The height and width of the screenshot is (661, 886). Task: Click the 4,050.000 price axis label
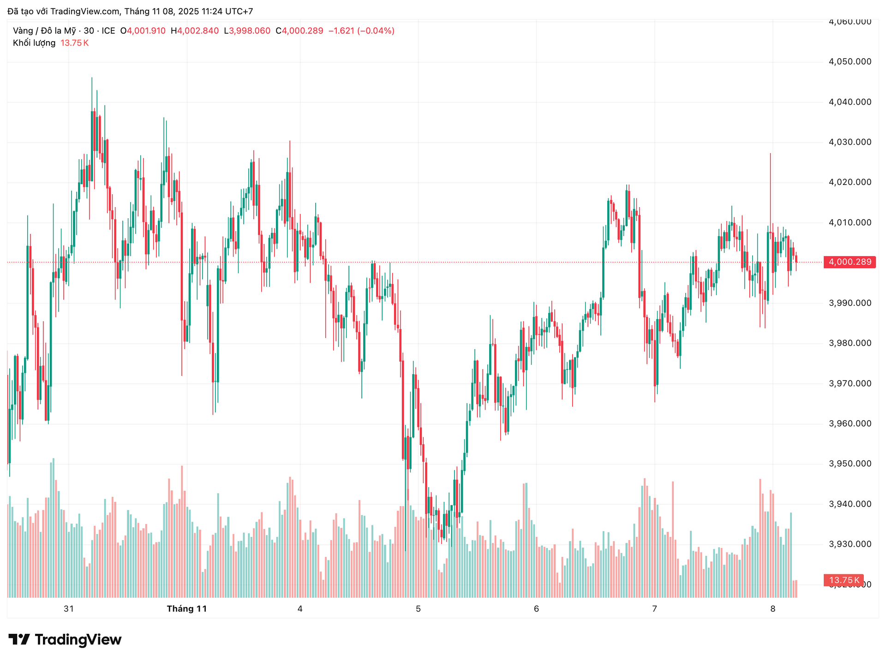click(x=850, y=61)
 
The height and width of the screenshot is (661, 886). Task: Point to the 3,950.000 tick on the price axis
click(x=850, y=464)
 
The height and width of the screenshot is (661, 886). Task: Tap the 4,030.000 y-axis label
click(x=850, y=142)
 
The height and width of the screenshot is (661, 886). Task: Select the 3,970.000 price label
click(x=850, y=383)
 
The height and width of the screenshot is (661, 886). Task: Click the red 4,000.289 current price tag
click(x=850, y=262)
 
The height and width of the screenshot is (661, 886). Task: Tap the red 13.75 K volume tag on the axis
click(x=844, y=580)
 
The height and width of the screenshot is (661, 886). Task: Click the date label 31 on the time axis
click(x=69, y=609)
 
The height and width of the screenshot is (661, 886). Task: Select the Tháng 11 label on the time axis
click(x=187, y=609)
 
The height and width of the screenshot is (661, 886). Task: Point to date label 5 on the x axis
click(x=418, y=609)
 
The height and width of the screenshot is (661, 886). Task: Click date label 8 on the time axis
click(x=773, y=609)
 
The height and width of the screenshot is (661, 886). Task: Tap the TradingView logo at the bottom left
click(x=65, y=640)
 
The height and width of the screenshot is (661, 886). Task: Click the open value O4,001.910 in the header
click(x=143, y=31)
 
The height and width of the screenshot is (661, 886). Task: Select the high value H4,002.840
click(x=195, y=31)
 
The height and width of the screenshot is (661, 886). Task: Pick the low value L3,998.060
click(x=247, y=31)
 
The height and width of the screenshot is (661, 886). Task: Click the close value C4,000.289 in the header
click(x=299, y=31)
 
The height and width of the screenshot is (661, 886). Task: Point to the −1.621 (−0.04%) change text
click(x=361, y=31)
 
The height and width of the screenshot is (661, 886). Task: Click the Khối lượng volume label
click(x=34, y=43)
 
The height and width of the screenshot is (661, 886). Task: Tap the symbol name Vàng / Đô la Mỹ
click(x=44, y=31)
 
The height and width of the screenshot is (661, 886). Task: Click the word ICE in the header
click(x=108, y=31)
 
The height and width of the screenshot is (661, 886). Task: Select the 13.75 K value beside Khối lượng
click(x=75, y=43)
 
